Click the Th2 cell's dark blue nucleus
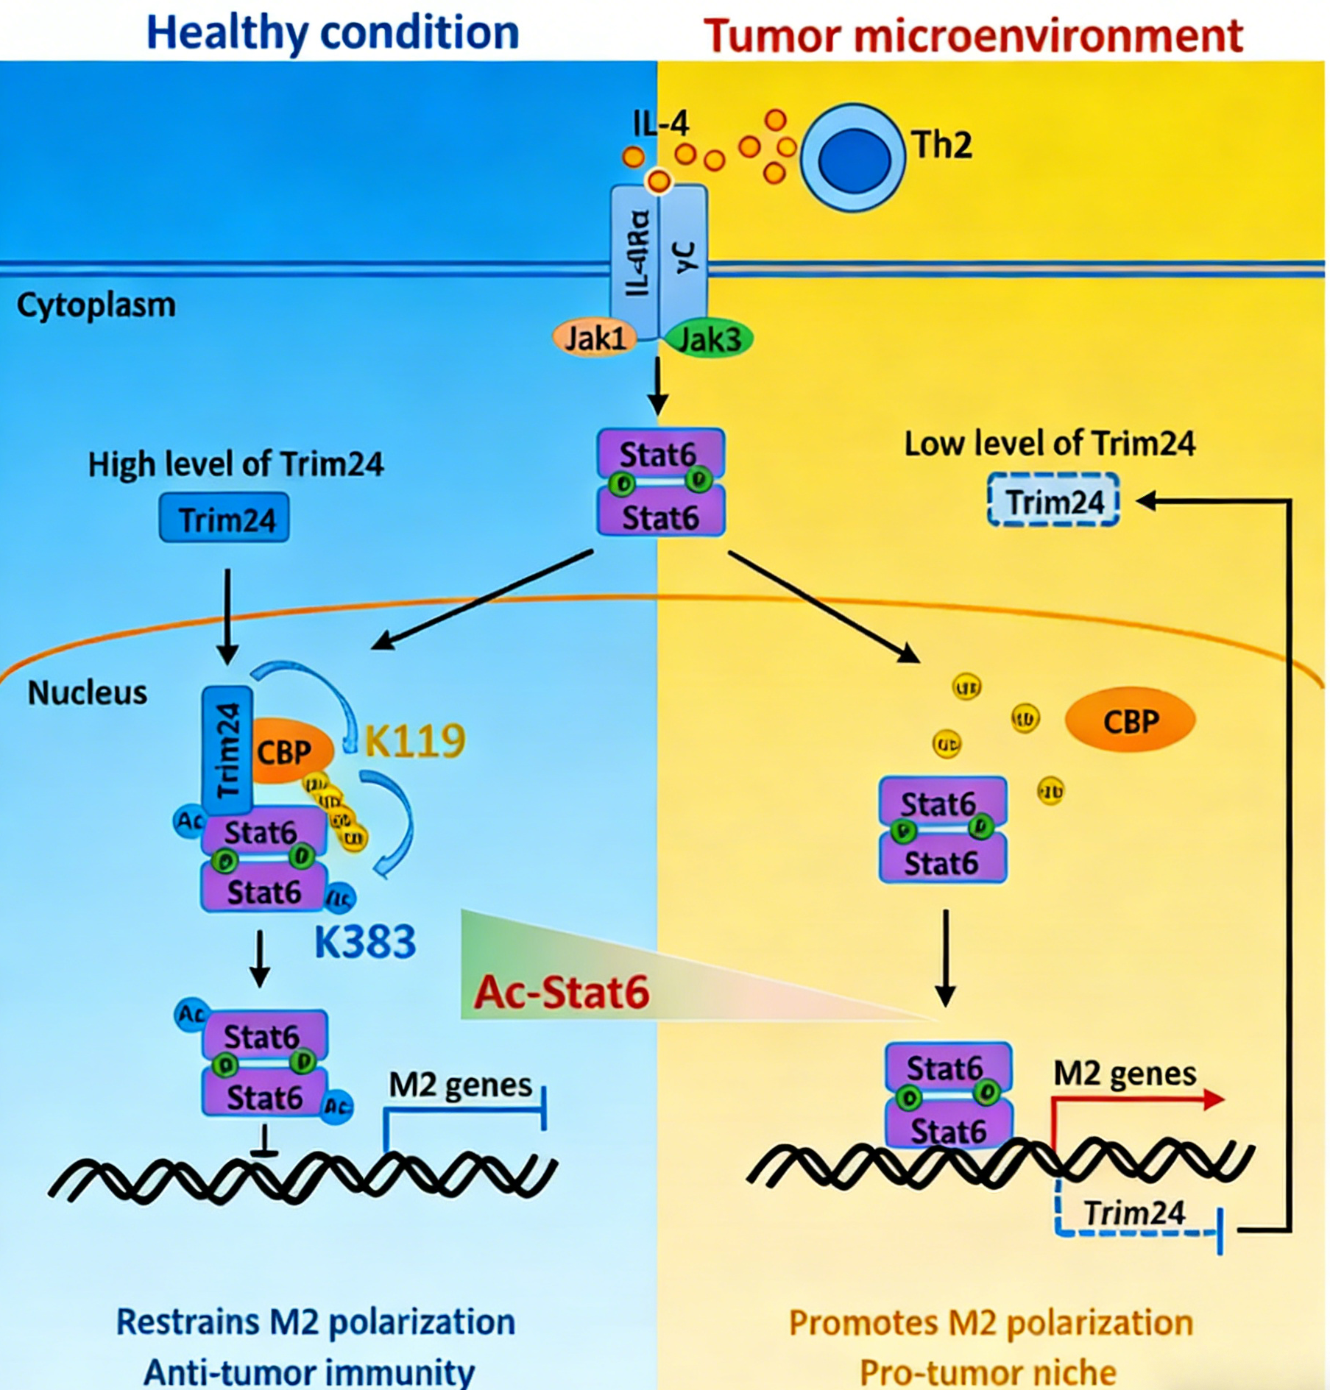(x=854, y=160)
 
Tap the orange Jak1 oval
(x=595, y=338)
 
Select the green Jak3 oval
(x=710, y=339)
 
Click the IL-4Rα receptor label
(x=637, y=254)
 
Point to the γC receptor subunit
(x=685, y=254)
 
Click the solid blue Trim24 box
(x=224, y=520)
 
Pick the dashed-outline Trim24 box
(x=1053, y=501)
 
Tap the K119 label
(x=415, y=740)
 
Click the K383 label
(x=365, y=941)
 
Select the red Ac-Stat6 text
(x=562, y=992)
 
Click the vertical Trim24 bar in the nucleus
(x=227, y=749)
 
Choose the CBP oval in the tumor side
(x=1131, y=722)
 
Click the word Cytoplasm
(x=96, y=305)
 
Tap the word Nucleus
(x=88, y=692)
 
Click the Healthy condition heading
(x=333, y=33)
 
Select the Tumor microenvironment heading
(x=973, y=35)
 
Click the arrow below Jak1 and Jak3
(x=657, y=386)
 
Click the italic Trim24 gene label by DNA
(x=1134, y=1213)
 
